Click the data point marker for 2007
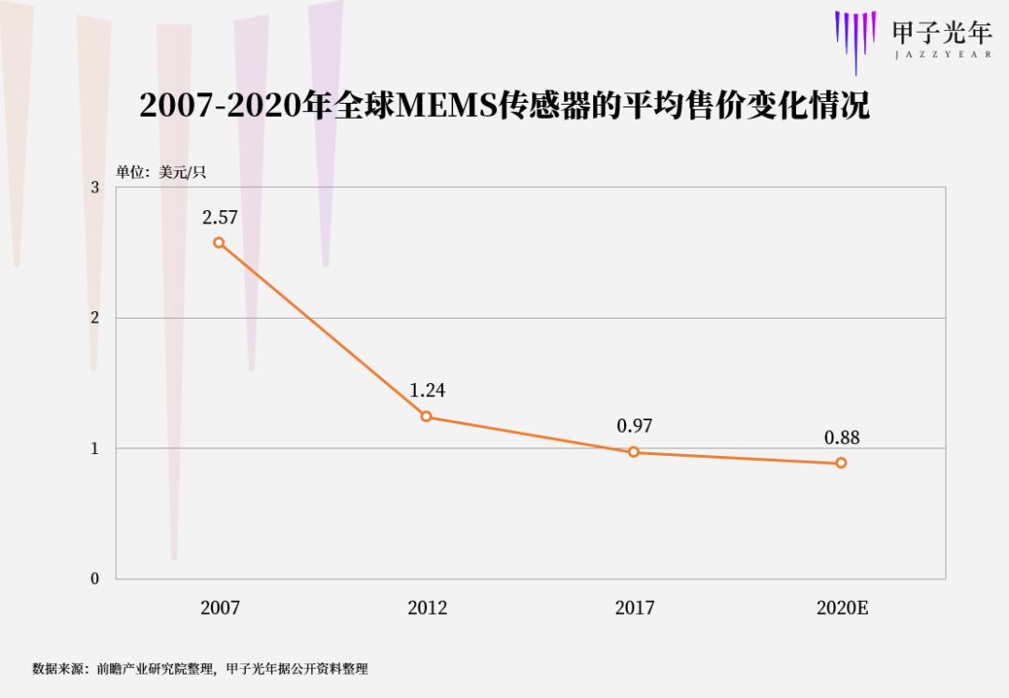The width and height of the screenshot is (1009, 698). (219, 243)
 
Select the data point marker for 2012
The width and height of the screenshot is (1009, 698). (426, 417)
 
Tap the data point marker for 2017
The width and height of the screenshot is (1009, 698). (633, 452)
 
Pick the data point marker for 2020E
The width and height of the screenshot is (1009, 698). (841, 463)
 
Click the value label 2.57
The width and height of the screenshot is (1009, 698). (220, 218)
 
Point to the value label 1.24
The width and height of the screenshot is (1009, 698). (427, 391)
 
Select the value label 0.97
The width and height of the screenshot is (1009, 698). (634, 426)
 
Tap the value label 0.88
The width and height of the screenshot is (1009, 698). (842, 436)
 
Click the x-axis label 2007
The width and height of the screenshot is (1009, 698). (220, 608)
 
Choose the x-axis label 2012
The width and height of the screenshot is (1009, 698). (427, 608)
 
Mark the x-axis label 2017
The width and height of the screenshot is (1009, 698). (634, 608)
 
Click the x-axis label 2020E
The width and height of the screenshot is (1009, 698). (843, 608)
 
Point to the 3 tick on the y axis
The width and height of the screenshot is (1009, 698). (94, 188)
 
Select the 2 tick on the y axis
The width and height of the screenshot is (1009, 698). (94, 318)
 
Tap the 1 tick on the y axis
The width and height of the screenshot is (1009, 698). (94, 449)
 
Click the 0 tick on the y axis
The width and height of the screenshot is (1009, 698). (94, 579)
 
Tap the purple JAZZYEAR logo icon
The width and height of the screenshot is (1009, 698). (855, 38)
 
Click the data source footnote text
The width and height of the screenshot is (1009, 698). (200, 669)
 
